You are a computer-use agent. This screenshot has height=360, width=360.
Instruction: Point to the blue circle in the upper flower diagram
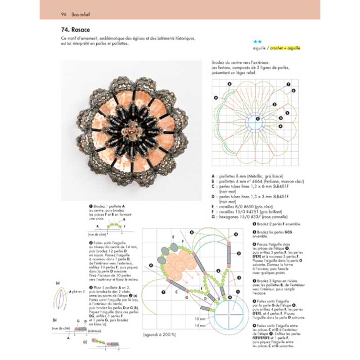coord(257,120)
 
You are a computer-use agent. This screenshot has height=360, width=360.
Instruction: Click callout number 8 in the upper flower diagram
coord(229,84)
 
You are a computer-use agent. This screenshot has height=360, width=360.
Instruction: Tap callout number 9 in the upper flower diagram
coord(216,97)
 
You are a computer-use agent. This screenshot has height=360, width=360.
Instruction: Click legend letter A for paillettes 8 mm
coord(212,176)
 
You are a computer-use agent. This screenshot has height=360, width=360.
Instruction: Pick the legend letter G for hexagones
coord(213,217)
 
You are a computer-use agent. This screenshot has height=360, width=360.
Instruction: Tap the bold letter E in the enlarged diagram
coord(173,237)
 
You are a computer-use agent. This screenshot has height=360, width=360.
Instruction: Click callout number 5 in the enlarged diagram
coord(238,253)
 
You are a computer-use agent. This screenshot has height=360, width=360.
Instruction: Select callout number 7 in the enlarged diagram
coord(164,292)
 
